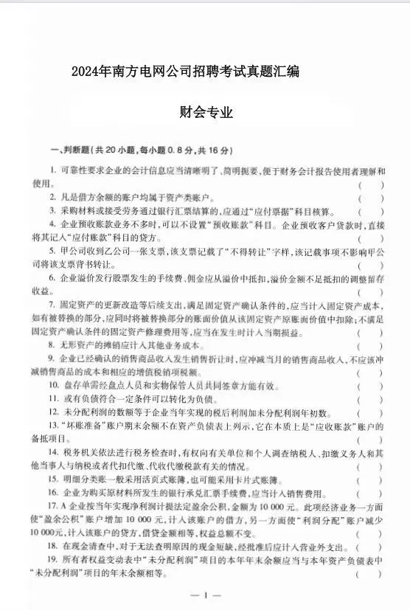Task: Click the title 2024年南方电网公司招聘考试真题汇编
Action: [185, 72]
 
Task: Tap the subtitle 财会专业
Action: [205, 113]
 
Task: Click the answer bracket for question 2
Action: [370, 198]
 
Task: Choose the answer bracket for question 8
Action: [370, 344]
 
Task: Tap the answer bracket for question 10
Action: [370, 386]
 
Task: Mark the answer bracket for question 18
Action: [370, 547]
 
